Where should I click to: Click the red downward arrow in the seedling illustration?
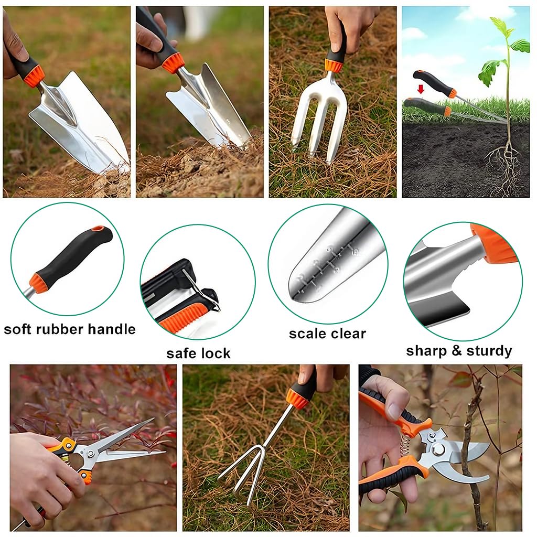420,89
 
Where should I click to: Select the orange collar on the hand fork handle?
334,66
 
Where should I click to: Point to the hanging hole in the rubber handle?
98,229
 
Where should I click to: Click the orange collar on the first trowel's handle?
34,77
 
